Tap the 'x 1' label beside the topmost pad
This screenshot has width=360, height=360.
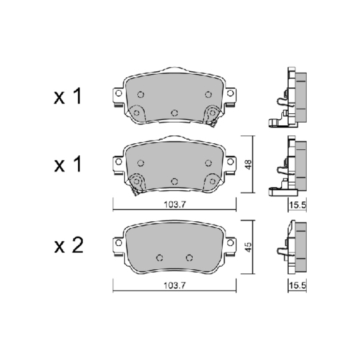point(67,98)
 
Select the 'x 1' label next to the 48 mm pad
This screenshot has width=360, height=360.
point(67,164)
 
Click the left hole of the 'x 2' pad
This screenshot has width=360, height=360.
point(158,258)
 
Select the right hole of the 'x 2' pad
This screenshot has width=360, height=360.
point(189,258)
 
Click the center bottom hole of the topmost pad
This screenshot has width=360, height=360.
point(174,111)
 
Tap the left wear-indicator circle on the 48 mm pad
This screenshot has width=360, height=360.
point(137,180)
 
